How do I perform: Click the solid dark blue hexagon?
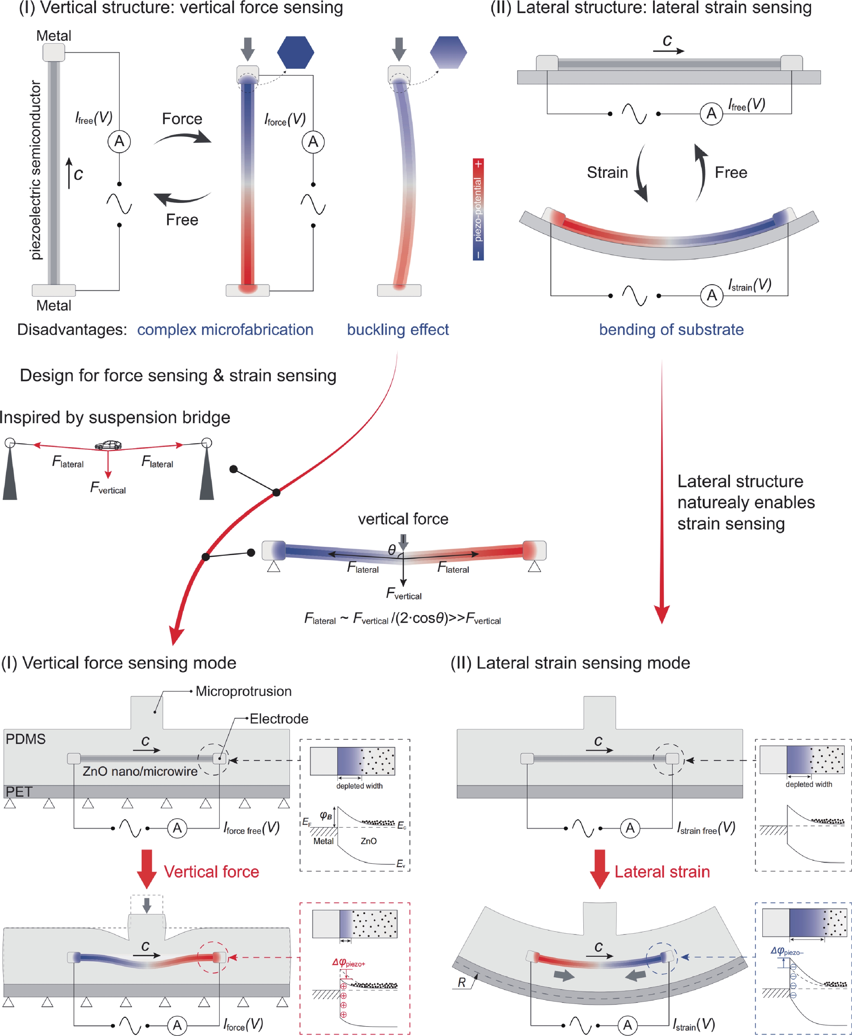pyautogui.click(x=295, y=52)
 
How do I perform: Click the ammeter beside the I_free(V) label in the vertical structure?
pyautogui.click(x=119, y=141)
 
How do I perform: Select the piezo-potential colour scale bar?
pyautogui.click(x=478, y=209)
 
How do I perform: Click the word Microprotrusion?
pyautogui.click(x=243, y=691)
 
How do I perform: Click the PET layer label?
pyautogui.click(x=19, y=792)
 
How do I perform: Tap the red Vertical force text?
pyautogui.click(x=211, y=871)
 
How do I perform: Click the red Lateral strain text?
pyautogui.click(x=662, y=871)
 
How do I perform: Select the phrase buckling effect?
pyautogui.click(x=397, y=330)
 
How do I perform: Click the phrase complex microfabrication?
pyautogui.click(x=225, y=330)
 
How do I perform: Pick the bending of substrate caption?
pyautogui.click(x=671, y=330)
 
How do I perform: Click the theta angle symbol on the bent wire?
pyautogui.click(x=392, y=550)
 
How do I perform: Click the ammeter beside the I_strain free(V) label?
pyautogui.click(x=630, y=828)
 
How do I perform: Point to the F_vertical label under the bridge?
pyautogui.click(x=108, y=488)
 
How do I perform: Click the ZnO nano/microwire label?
pyautogui.click(x=140, y=771)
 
